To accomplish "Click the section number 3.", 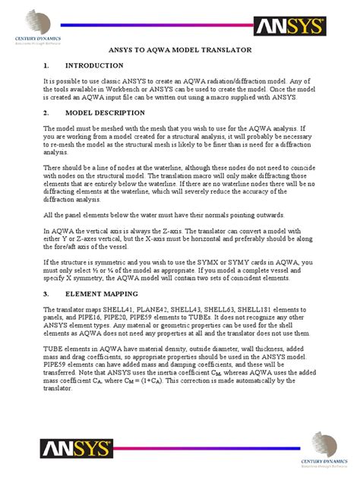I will [x=46, y=292].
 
